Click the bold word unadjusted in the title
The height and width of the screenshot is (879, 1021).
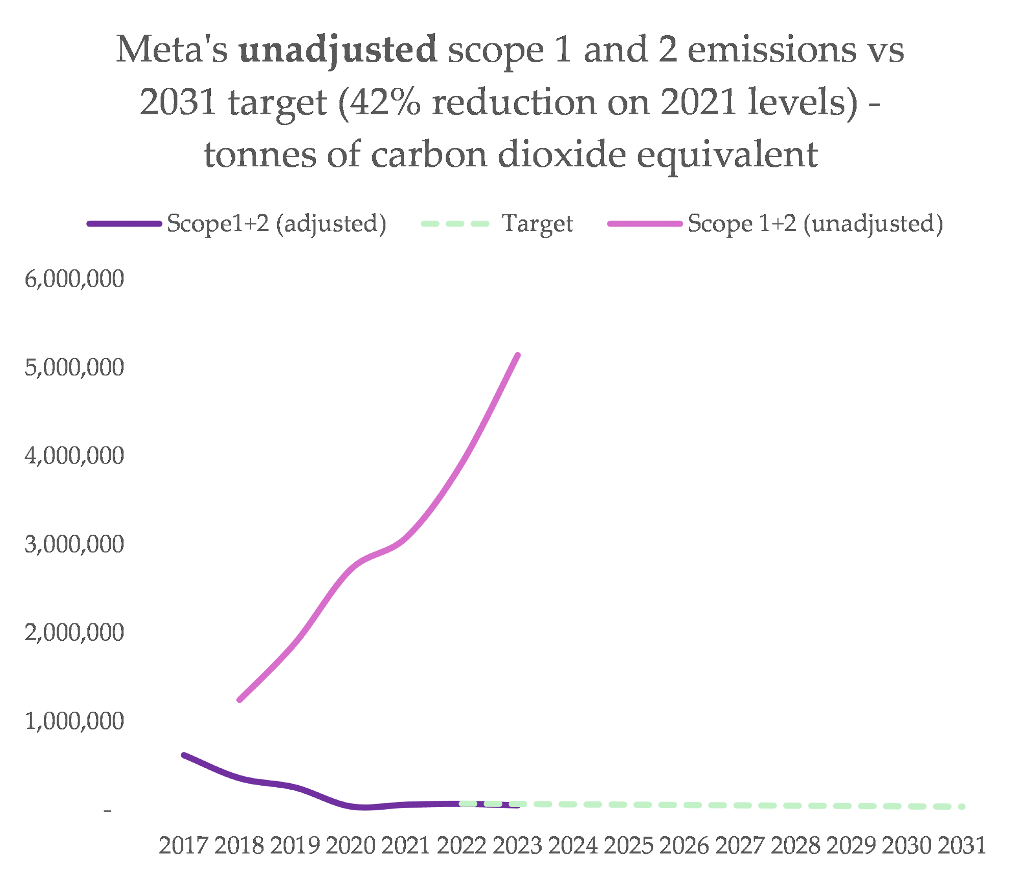point(337,50)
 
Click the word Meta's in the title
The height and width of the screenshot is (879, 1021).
point(172,50)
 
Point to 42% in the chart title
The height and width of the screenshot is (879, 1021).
point(385,102)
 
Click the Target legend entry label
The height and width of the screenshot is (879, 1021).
point(537,223)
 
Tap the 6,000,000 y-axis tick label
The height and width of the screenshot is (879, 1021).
point(75,279)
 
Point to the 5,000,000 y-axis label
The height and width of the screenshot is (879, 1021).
point(75,367)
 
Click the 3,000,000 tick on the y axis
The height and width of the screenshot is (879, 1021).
point(75,544)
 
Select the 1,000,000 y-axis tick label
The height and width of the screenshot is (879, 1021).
point(75,721)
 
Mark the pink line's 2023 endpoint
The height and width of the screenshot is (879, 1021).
point(518,355)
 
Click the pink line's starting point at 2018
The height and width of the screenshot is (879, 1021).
point(239,700)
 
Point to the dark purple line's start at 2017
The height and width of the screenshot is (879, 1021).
point(184,755)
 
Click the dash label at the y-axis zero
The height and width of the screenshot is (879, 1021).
point(107,810)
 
